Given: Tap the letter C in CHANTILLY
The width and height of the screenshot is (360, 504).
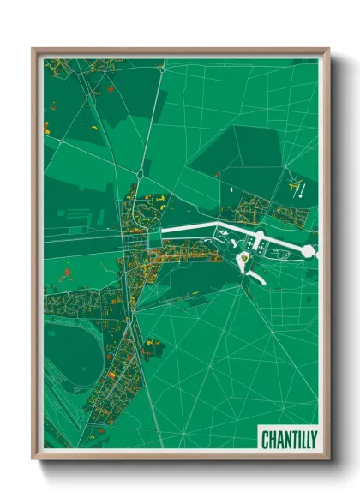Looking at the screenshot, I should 265,436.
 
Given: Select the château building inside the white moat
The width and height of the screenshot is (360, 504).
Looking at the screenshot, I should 243,255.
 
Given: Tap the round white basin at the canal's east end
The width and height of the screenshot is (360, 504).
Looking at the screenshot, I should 309,251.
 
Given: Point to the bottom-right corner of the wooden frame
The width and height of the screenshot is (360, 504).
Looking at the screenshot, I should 327,459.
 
